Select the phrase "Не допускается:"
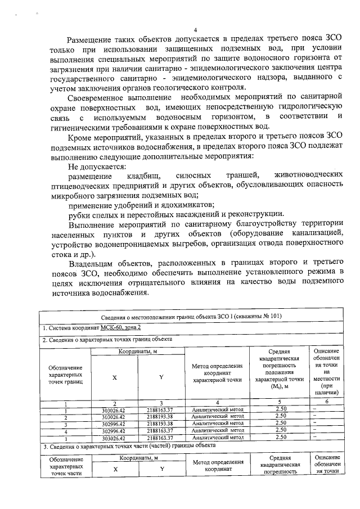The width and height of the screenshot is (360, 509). click(x=97, y=166)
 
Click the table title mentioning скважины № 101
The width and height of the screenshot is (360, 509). click(x=191, y=316)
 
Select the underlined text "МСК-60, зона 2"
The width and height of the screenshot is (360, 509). click(x=116, y=327)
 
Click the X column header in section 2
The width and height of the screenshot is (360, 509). click(x=114, y=377)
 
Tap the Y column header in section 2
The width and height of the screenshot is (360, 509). click(x=161, y=377)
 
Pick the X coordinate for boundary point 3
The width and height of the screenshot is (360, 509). click(x=114, y=423)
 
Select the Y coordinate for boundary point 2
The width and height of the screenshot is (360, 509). click(x=161, y=417)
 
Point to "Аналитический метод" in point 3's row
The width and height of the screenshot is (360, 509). click(x=217, y=423)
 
